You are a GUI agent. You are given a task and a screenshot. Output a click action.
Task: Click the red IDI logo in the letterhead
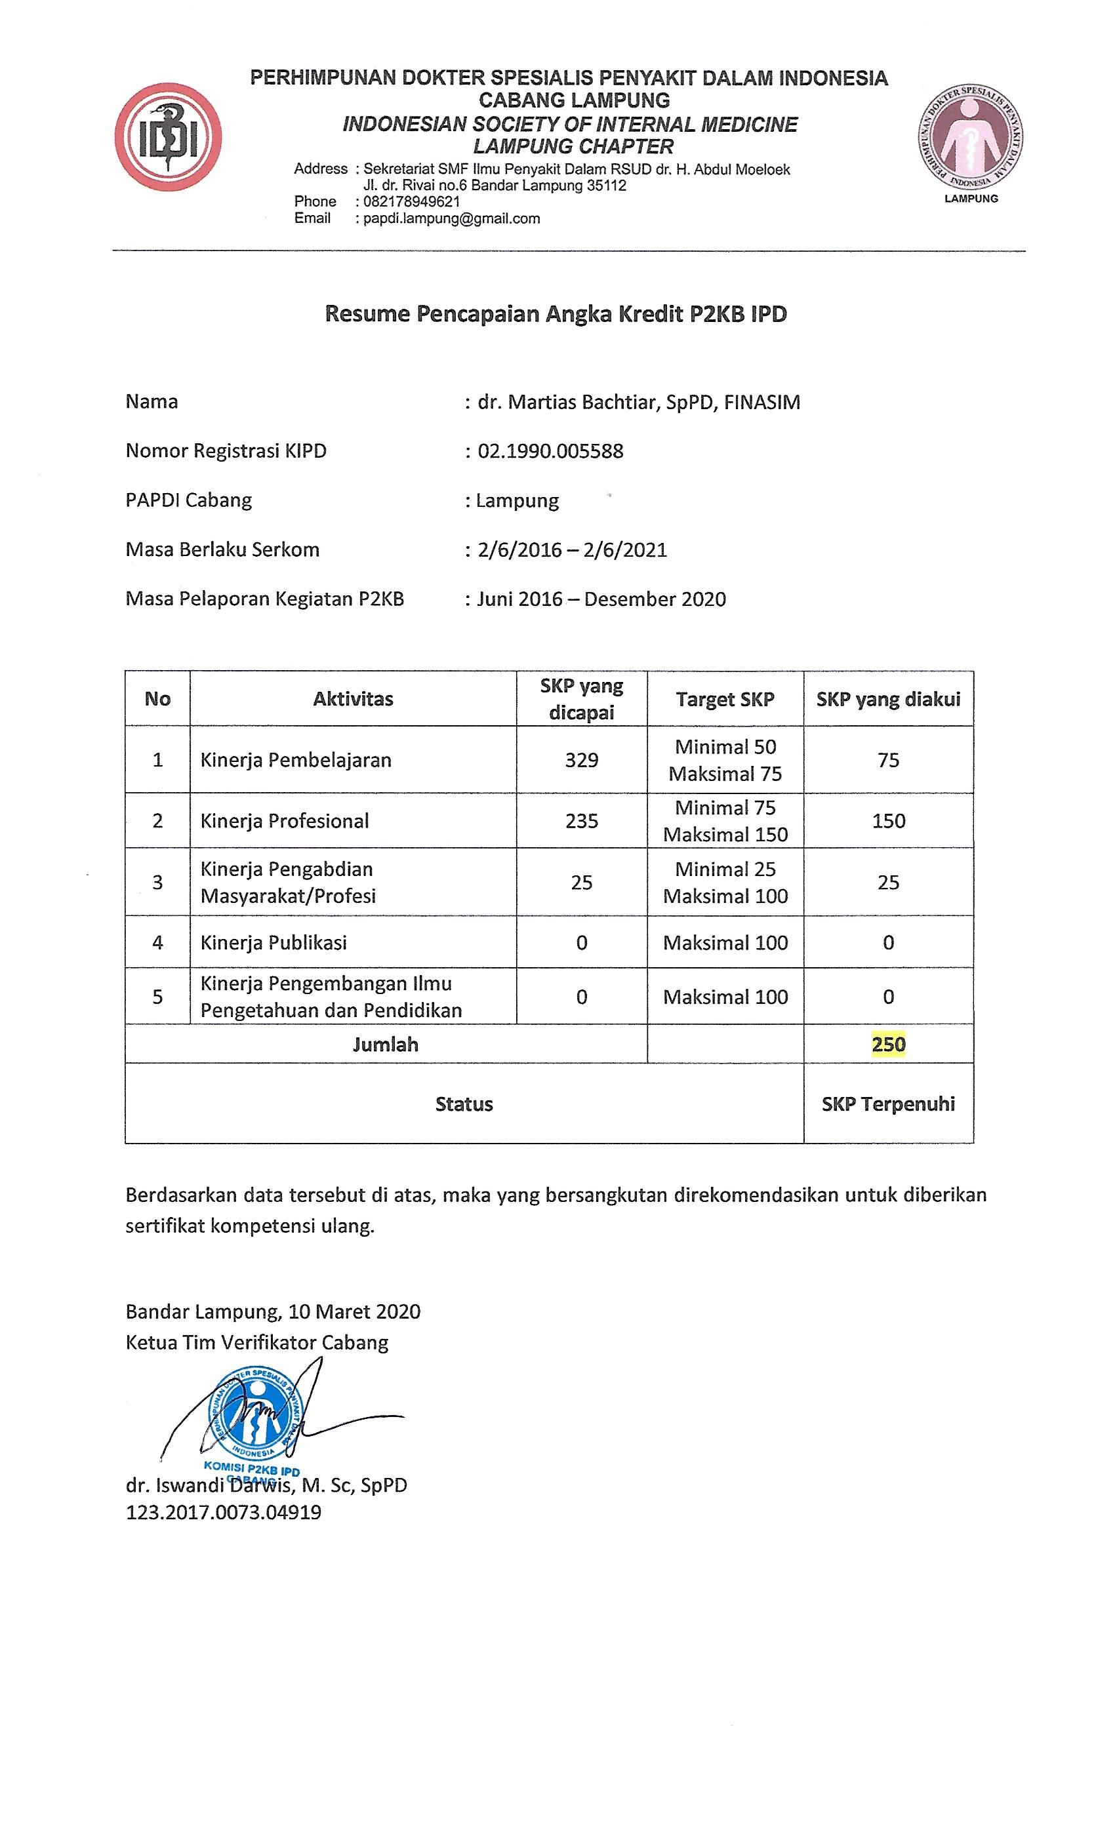(168, 137)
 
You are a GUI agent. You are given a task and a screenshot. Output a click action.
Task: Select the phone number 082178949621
(411, 201)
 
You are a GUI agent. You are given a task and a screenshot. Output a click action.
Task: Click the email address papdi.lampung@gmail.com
(451, 218)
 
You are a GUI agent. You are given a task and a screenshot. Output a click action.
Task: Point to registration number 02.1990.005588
(550, 451)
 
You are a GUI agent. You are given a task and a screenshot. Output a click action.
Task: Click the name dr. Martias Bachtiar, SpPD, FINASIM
(639, 403)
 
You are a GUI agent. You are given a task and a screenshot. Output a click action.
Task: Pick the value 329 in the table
(581, 760)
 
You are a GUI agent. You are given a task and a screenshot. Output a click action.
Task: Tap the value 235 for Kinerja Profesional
(581, 821)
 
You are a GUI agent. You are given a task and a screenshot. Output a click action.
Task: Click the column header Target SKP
(725, 699)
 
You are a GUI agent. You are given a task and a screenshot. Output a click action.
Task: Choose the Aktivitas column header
(354, 699)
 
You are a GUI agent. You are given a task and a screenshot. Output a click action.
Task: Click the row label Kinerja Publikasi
(274, 943)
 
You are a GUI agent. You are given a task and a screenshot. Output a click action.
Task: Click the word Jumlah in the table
(386, 1044)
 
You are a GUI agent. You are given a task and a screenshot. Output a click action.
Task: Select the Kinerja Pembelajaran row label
(296, 760)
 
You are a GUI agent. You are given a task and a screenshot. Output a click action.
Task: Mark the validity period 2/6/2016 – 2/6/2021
(573, 550)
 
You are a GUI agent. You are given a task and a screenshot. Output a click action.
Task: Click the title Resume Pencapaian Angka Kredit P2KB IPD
(556, 313)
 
